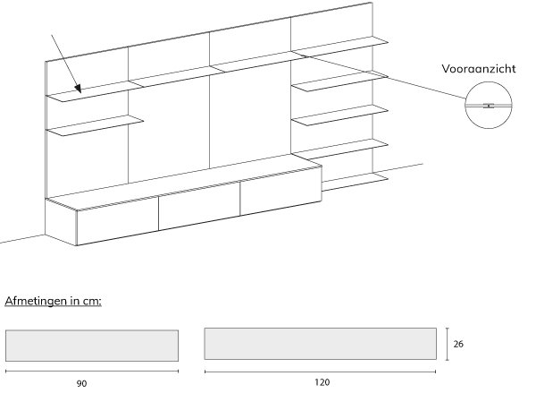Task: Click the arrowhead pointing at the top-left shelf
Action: click(80, 89)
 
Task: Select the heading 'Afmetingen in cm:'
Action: click(53, 300)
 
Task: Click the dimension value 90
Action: click(81, 383)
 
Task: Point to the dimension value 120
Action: click(322, 382)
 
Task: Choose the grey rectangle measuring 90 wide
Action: click(92, 345)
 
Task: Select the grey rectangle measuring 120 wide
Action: click(320, 343)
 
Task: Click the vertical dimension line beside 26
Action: click(447, 343)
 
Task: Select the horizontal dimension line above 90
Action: click(92, 370)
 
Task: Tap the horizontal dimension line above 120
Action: click(320, 369)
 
